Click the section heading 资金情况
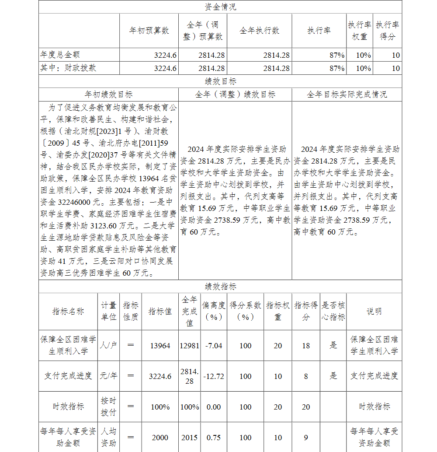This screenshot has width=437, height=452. tap(220, 7)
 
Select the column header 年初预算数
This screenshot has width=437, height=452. tap(149, 31)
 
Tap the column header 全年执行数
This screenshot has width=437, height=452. tap(259, 31)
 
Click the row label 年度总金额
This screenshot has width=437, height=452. tap(60, 55)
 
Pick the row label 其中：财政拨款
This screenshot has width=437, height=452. tap(68, 68)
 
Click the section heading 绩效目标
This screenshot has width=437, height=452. tap(220, 81)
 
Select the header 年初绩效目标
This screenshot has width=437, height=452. tap(108, 95)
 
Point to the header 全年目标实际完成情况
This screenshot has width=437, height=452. tap(347, 95)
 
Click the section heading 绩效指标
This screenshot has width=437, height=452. tap(220, 287)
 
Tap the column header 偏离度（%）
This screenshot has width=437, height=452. tap(214, 311)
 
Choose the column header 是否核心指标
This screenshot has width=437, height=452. tap(333, 311)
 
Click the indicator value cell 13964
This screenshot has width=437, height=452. tap(160, 346)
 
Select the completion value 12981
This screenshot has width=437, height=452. tap(190, 346)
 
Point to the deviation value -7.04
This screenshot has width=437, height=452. tap(214, 346)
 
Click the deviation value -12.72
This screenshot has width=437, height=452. tap(214, 376)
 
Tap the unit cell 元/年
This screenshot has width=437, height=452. tap(109, 376)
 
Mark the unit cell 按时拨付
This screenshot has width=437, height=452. tap(109, 406)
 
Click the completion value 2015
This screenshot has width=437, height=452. tap(190, 438)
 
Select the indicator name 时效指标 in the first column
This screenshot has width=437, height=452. tap(68, 406)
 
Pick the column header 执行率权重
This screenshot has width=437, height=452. tap(360, 31)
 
